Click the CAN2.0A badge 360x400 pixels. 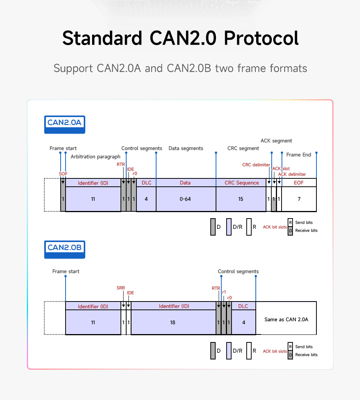pos(64,123)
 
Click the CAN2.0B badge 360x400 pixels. pos(64,248)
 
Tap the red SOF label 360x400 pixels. pos(63,173)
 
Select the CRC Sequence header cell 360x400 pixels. pos(241,183)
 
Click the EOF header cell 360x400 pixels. pos(299,183)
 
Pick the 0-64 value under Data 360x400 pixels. pos(185,199)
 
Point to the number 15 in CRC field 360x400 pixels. pos(241,199)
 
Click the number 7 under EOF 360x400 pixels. pos(299,199)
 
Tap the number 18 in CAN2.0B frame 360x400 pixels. pos(173,322)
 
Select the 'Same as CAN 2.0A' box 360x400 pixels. pos(286,319)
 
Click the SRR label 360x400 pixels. pos(121,288)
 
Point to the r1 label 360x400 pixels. pos(224,292)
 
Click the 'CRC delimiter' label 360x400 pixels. pos(256,165)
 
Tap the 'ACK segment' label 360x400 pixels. pos(276,141)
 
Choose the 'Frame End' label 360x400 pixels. pos(299,155)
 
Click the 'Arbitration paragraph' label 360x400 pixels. pos(95,156)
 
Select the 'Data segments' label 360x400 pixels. pos(186,148)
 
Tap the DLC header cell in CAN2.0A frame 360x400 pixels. pos(146,183)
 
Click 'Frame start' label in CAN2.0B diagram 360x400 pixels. pos(66,271)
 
